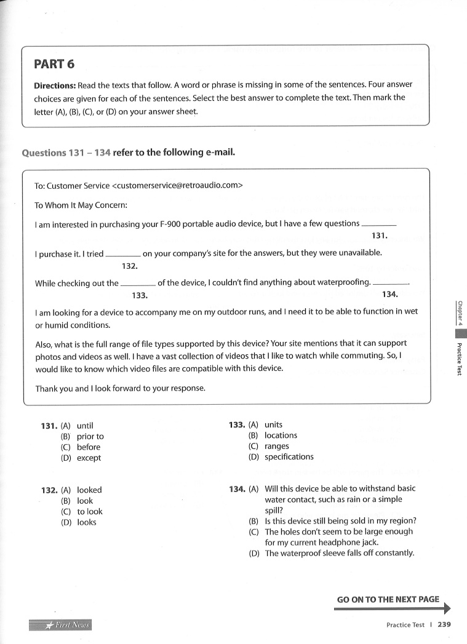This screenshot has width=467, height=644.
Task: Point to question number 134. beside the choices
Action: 237,489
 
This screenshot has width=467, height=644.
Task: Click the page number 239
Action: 445,624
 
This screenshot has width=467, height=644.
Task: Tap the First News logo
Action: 60,625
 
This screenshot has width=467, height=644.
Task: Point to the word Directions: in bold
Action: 54,85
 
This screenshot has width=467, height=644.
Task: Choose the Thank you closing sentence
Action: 120,389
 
